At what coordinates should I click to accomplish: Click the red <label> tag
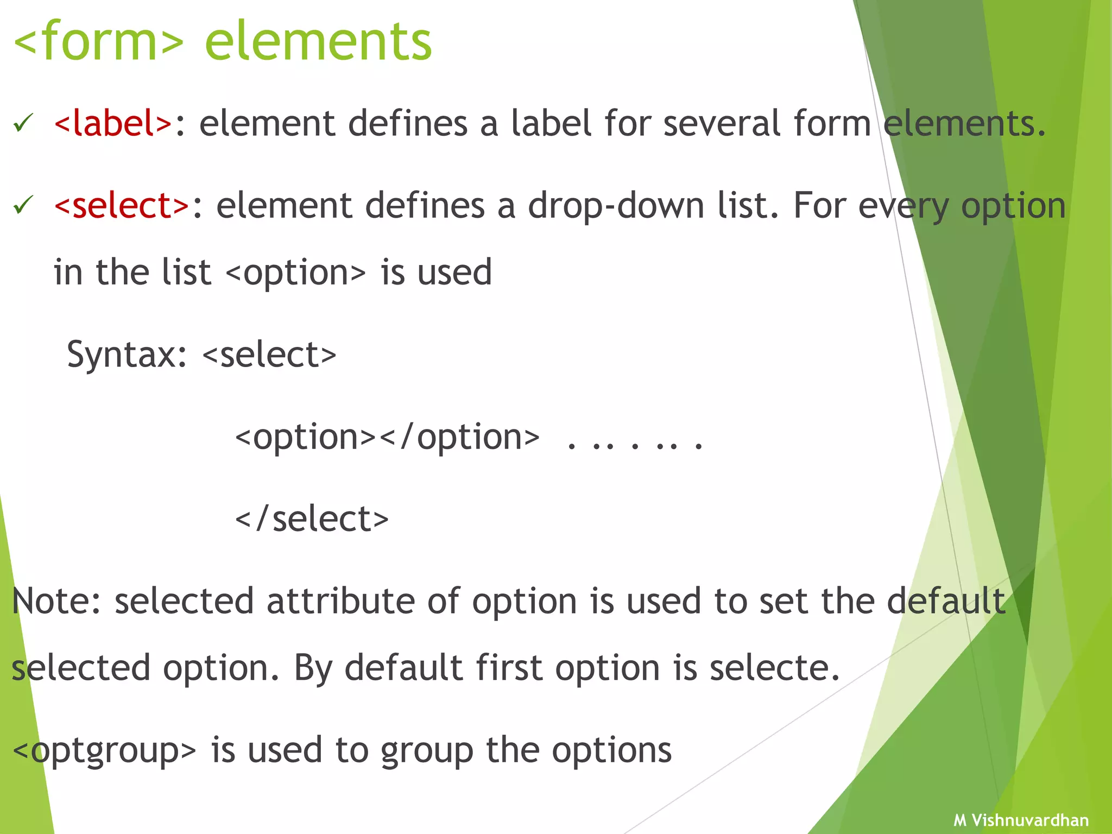click(113, 123)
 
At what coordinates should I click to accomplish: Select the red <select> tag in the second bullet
click(122, 206)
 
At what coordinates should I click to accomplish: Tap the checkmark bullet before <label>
click(24, 123)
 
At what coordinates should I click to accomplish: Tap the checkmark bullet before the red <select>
click(24, 205)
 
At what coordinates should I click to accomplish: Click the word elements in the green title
click(318, 41)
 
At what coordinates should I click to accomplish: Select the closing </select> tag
click(312, 519)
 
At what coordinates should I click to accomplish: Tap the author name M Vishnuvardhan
click(1021, 820)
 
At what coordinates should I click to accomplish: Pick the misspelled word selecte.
click(774, 668)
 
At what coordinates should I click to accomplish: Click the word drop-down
click(616, 206)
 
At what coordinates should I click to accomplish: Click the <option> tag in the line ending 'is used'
click(295, 273)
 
